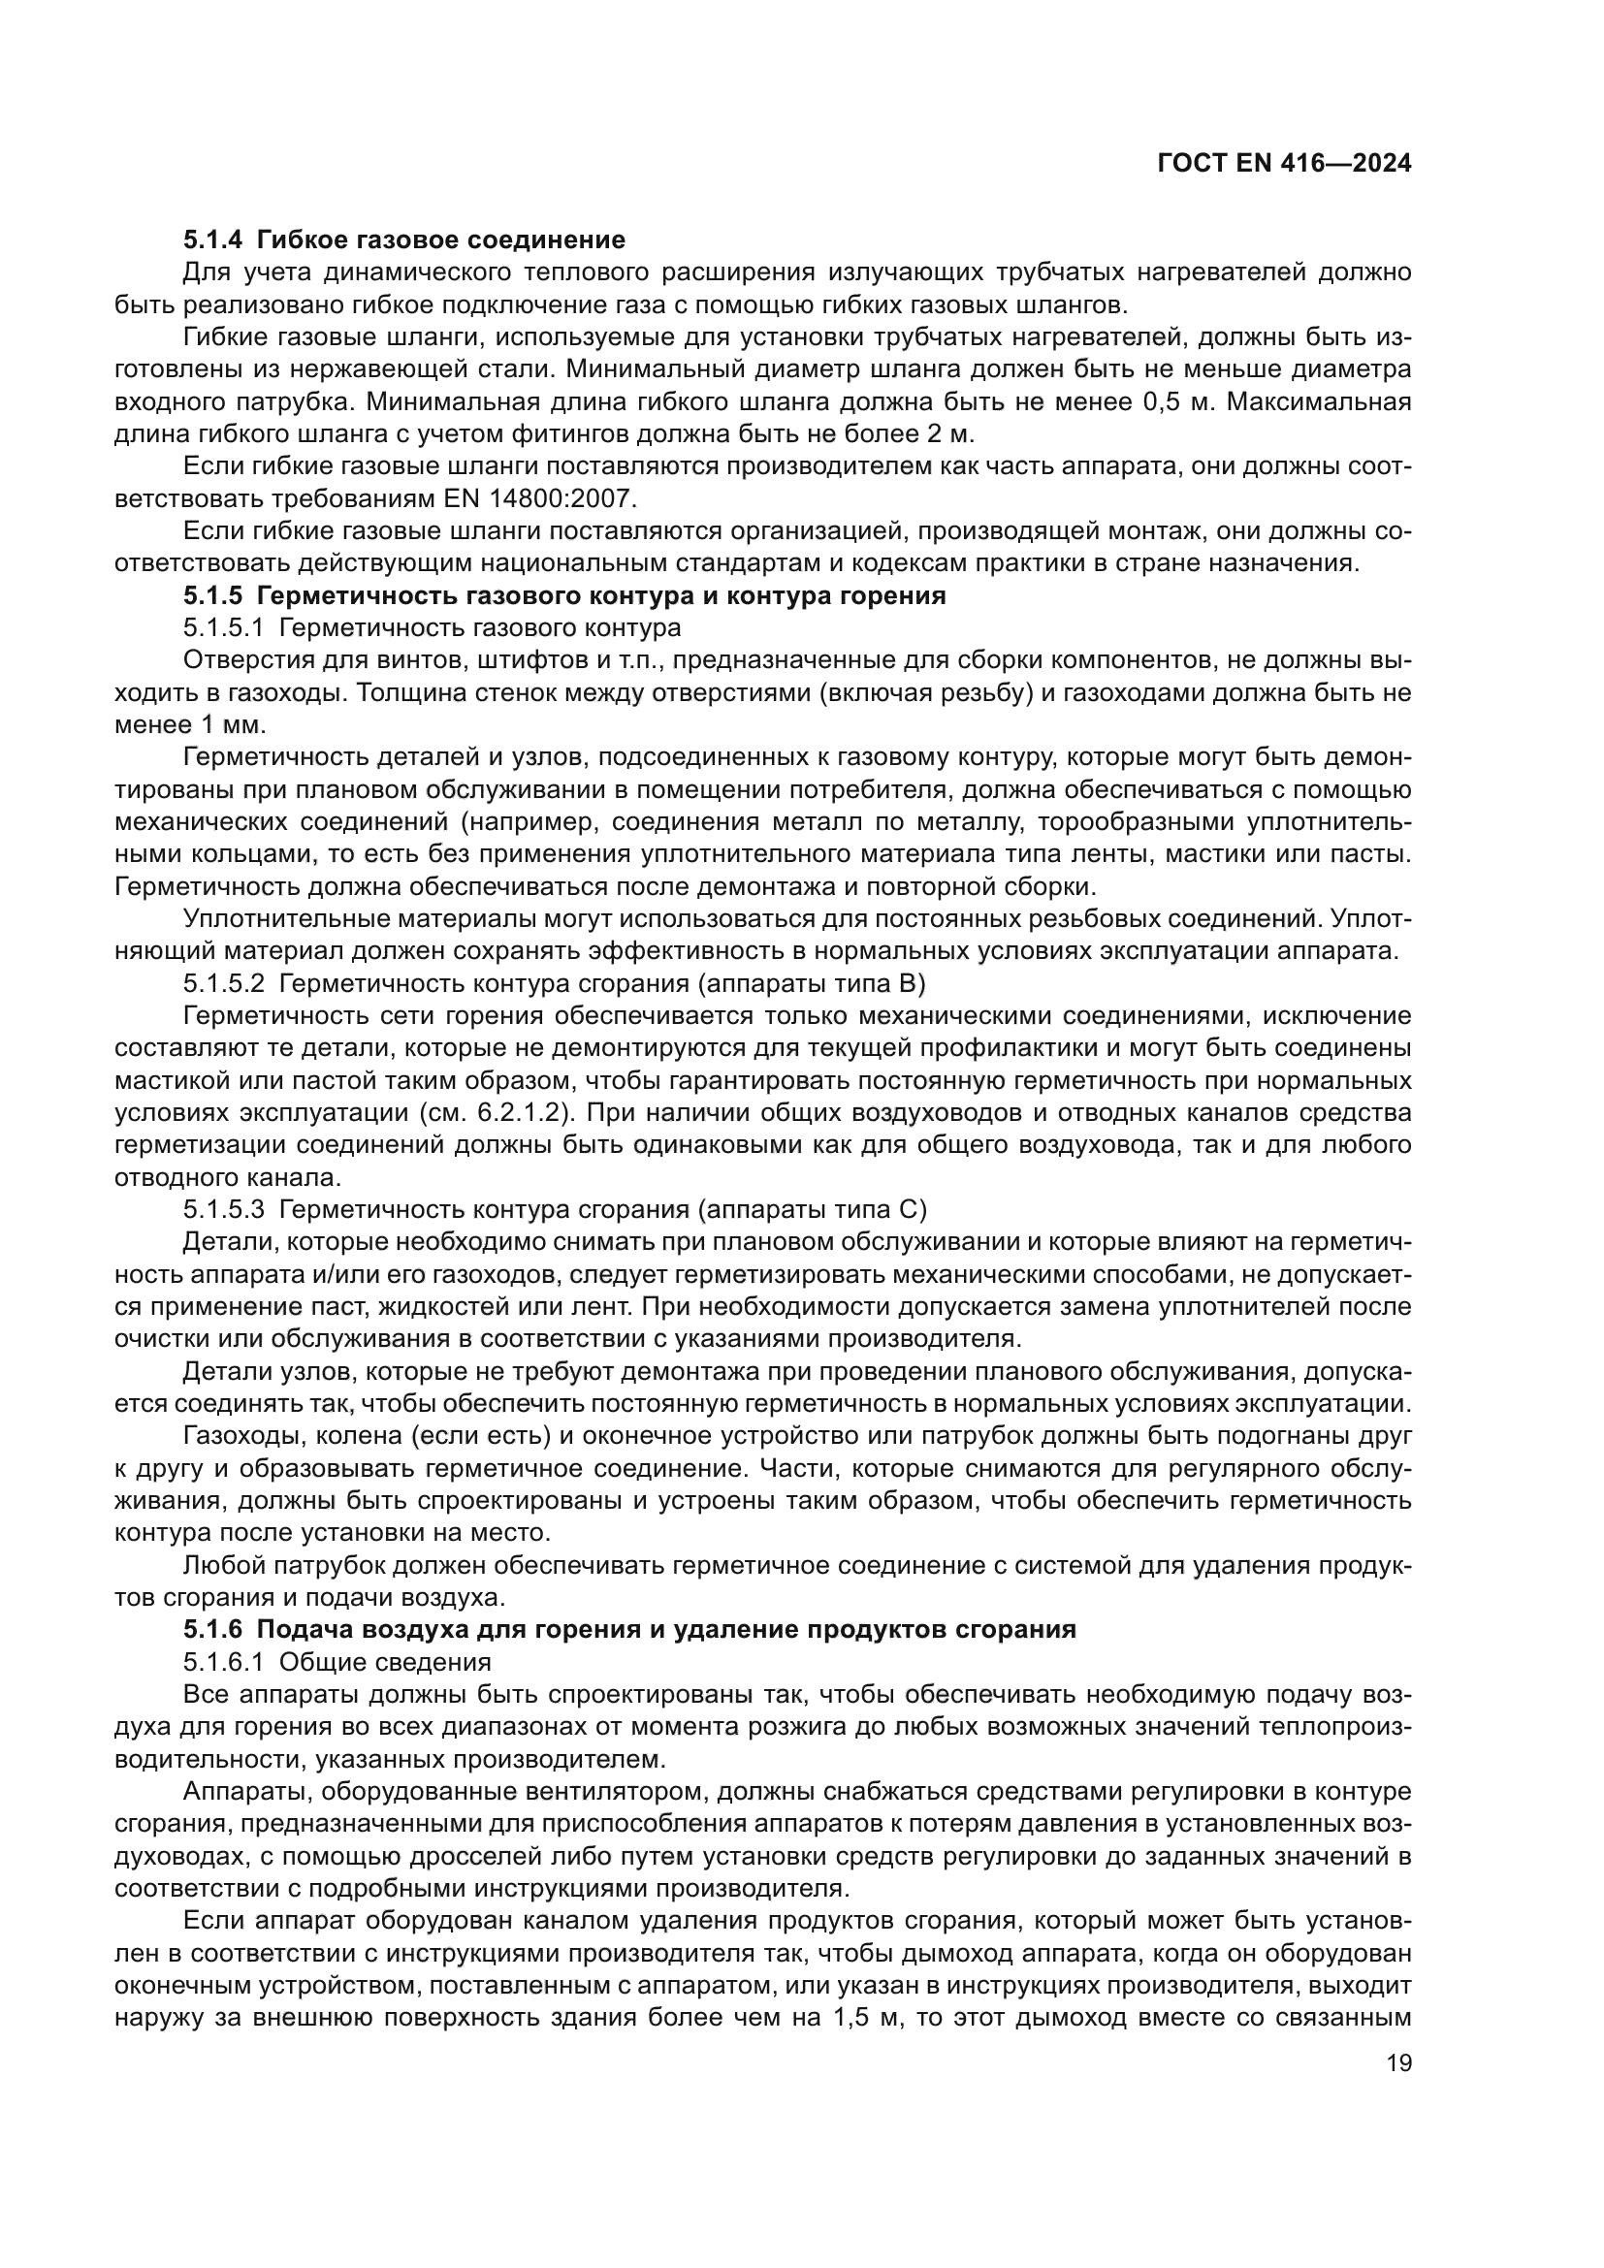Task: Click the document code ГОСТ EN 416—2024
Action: coord(1283,164)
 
